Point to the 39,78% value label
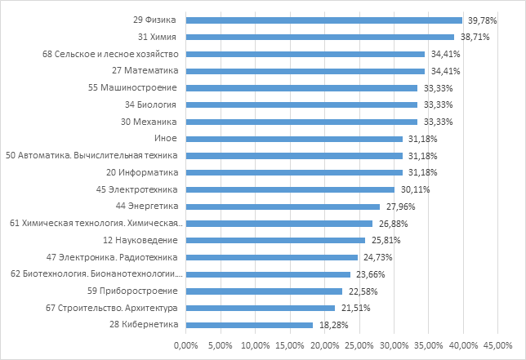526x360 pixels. coord(479,20)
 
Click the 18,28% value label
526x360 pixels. coord(330,325)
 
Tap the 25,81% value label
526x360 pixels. coord(382,240)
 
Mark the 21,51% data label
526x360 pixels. coord(352,308)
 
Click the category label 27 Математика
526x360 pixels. coord(145,71)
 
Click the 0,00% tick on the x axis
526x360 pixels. coord(186,346)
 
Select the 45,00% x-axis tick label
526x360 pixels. coord(497,346)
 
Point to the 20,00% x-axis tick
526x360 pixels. coord(324,346)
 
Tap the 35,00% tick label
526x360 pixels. coord(428,346)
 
